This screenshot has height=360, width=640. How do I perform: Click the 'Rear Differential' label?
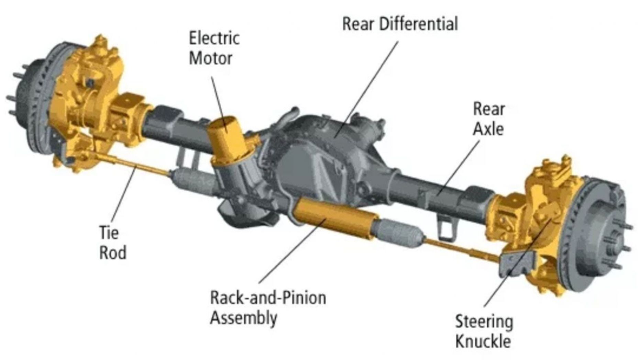click(x=400, y=24)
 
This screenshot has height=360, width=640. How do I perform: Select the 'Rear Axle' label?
click(x=489, y=119)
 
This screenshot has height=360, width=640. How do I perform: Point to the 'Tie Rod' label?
click(x=112, y=243)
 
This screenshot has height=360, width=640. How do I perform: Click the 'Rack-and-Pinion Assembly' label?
click(x=268, y=307)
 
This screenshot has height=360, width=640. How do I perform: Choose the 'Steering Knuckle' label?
click(x=484, y=331)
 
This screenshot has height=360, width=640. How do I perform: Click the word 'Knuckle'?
click(x=483, y=342)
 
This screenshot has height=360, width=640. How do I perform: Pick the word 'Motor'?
click(x=210, y=58)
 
